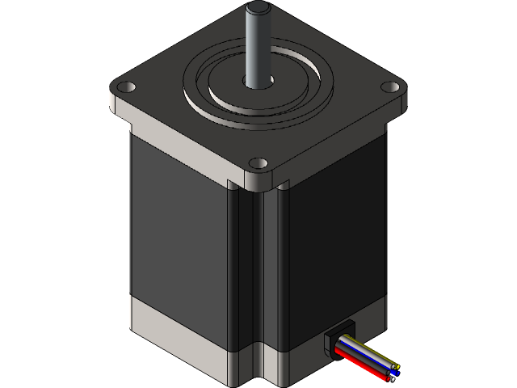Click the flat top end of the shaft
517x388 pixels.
(x=257, y=9)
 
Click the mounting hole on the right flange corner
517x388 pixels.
(x=392, y=86)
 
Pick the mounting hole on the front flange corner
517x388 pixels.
(x=258, y=163)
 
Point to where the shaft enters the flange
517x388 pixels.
(x=258, y=80)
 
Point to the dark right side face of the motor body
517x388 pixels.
(x=331, y=234)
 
